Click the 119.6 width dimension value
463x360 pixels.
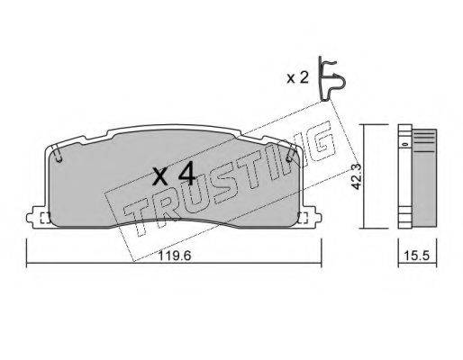pos(174,256)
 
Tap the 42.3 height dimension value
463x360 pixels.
pos(357,177)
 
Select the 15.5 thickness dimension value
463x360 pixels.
pos(417,256)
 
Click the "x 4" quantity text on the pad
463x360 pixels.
pos(174,176)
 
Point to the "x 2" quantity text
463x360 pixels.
pos(297,78)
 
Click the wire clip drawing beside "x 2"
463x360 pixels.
pos(332,78)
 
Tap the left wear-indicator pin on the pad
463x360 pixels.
pos(58,154)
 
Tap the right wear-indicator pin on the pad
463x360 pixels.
pos(290,155)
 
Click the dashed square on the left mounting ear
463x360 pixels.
pos(45,218)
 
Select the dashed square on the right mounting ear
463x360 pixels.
pos(304,218)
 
